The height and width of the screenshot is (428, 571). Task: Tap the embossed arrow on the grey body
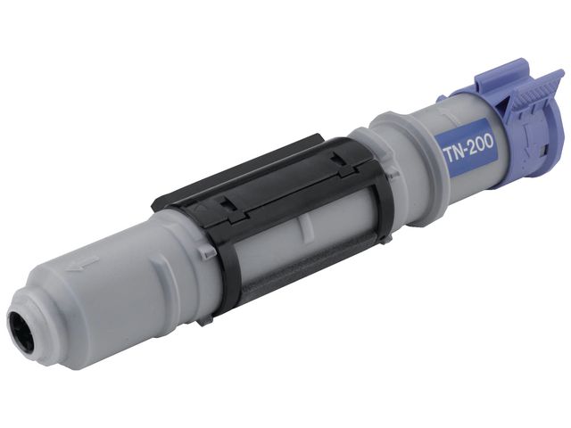point(82,262)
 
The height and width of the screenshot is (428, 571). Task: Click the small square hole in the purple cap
point(545,149)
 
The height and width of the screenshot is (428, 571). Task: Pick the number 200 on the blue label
point(480,143)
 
